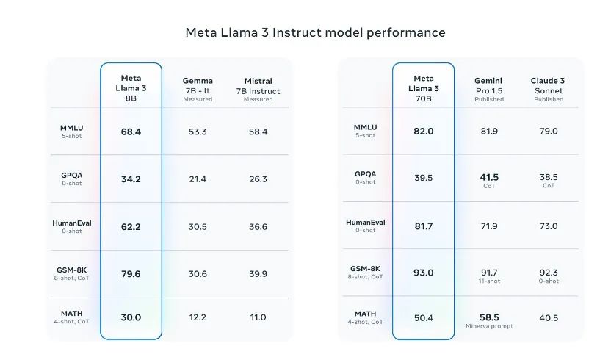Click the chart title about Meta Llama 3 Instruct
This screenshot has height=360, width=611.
(315, 32)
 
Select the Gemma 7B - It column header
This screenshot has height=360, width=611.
(198, 89)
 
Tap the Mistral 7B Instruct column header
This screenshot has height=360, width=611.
(258, 89)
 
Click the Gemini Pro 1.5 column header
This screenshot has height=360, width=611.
(489, 89)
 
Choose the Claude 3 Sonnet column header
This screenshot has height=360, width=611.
(549, 89)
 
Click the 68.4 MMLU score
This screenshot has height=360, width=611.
(131, 132)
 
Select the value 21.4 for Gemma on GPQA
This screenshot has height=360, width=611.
(198, 179)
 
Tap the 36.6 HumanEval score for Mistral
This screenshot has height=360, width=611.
(258, 227)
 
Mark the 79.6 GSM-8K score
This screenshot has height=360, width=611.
(131, 274)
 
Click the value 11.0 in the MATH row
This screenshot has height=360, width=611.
(258, 317)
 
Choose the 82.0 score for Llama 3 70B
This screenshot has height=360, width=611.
(424, 132)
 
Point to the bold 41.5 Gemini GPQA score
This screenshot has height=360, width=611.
(489, 177)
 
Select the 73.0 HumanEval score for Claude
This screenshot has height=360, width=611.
(549, 227)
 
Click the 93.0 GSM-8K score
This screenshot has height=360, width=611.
(424, 273)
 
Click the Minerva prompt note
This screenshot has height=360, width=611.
(489, 326)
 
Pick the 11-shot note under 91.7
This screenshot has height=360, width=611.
(489, 281)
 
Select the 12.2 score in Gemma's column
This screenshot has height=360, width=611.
(198, 317)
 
